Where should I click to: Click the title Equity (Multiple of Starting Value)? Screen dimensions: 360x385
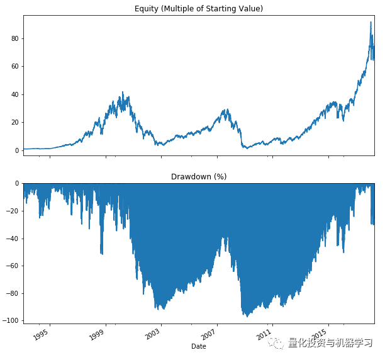(x=199, y=8)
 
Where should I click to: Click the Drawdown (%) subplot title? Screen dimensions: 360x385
(x=199, y=177)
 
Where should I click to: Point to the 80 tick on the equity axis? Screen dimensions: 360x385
(x=16, y=38)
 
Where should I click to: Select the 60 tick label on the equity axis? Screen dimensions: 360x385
(x=16, y=67)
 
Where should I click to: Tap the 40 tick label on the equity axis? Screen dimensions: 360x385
(x=16, y=94)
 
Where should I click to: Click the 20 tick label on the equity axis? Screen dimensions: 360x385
(x=16, y=123)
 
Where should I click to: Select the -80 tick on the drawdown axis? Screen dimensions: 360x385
(x=13, y=293)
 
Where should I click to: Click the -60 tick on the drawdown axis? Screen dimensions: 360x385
(x=13, y=266)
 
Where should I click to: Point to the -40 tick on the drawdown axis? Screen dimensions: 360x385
(x=13, y=239)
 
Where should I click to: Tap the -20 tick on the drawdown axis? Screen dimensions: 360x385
(x=13, y=211)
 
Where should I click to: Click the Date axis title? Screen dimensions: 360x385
(x=199, y=346)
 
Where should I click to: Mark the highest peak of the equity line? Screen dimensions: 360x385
(x=371, y=23)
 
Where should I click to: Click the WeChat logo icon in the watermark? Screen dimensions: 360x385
(x=277, y=343)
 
